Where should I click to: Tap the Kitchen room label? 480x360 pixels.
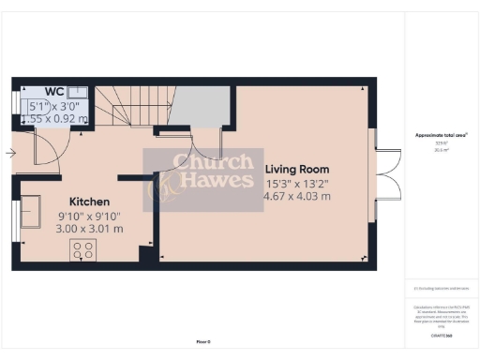pyautogui.click(x=90, y=202)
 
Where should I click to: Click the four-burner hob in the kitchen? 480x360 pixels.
pyautogui.click(x=82, y=250)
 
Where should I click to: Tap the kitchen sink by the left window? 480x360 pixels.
pyautogui.click(x=33, y=209)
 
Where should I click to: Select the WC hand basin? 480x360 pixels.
pyautogui.click(x=77, y=93)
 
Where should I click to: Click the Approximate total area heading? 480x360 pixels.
pyautogui.click(x=441, y=135)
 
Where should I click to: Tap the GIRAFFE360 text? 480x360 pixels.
pyautogui.click(x=441, y=334)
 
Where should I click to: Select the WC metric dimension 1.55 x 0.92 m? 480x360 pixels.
pyautogui.click(x=58, y=118)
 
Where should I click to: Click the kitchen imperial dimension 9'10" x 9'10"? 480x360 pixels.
pyautogui.click(x=90, y=217)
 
